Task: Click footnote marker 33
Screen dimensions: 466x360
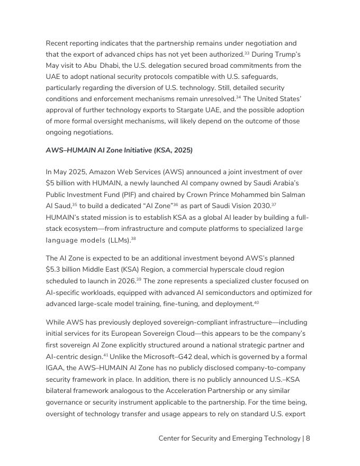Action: coord(247,53)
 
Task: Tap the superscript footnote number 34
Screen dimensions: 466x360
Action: coord(239,97)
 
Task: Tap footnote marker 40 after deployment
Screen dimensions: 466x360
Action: coord(256,303)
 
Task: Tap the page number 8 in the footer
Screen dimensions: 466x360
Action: coord(308,438)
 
